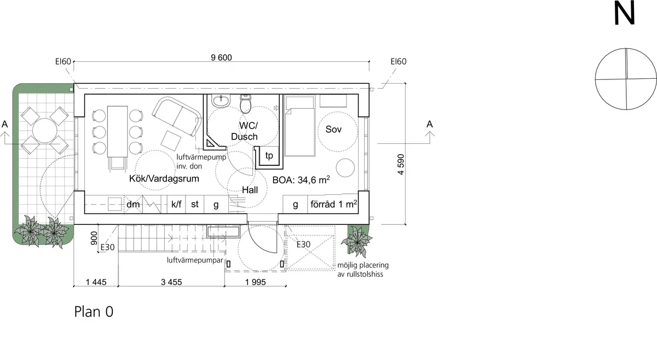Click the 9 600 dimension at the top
[x=221, y=57]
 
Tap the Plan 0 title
[x=94, y=312]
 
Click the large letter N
[x=624, y=14]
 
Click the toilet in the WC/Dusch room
[x=245, y=103]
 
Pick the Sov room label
[x=333, y=130]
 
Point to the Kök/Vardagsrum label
[x=164, y=178]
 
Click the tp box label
[x=269, y=155]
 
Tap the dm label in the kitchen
[x=133, y=205]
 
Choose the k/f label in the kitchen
[x=176, y=205]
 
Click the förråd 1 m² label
[x=333, y=205]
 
